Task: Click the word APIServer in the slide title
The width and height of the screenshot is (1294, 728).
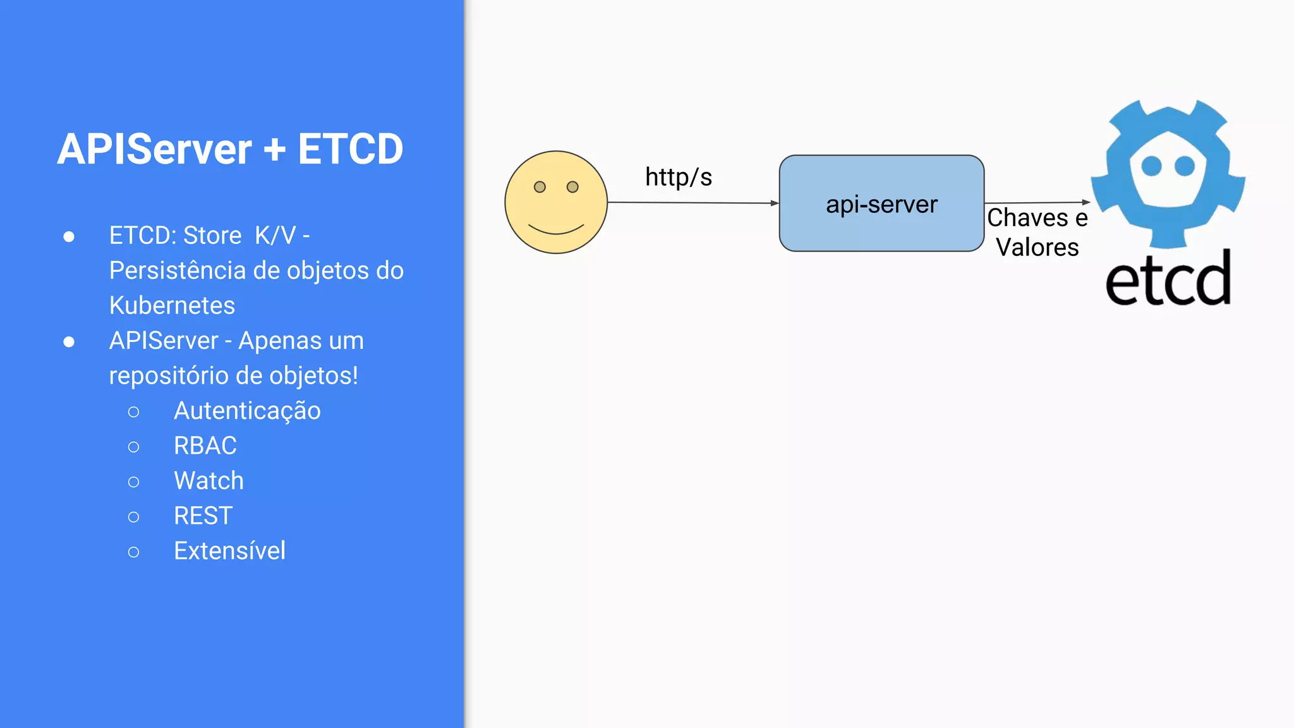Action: pyautogui.click(x=154, y=150)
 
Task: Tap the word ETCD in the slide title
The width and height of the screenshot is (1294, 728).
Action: pyautogui.click(x=350, y=150)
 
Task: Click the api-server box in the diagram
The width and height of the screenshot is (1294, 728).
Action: pyautogui.click(x=881, y=203)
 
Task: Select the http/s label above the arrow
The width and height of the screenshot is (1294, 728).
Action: pyautogui.click(x=679, y=177)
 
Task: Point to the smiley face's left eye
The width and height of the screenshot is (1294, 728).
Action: pyautogui.click(x=540, y=187)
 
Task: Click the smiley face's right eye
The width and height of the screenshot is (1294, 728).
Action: pyautogui.click(x=572, y=187)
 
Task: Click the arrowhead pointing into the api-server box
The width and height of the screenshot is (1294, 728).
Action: pyautogui.click(x=775, y=203)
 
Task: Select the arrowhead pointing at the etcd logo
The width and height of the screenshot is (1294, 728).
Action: pyautogui.click(x=1086, y=202)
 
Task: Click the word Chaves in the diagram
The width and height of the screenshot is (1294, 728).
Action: pyautogui.click(x=1028, y=218)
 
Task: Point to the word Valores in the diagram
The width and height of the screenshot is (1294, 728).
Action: pyautogui.click(x=1037, y=247)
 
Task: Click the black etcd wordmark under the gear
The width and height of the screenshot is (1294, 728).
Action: pyautogui.click(x=1168, y=279)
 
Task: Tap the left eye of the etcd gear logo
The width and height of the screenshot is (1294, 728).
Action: pyautogui.click(x=1151, y=166)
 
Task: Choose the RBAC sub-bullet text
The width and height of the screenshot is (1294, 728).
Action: pyautogui.click(x=205, y=446)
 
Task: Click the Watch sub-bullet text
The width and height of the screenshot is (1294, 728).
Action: pyautogui.click(x=209, y=481)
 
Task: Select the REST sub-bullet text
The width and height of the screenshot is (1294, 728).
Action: pyautogui.click(x=203, y=516)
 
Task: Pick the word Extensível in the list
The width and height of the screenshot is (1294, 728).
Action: pyautogui.click(x=229, y=551)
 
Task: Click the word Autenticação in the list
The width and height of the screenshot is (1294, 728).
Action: pyautogui.click(x=247, y=411)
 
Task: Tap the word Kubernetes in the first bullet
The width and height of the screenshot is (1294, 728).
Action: pyautogui.click(x=172, y=306)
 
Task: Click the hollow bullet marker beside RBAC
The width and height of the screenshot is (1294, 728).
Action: pyautogui.click(x=133, y=447)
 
